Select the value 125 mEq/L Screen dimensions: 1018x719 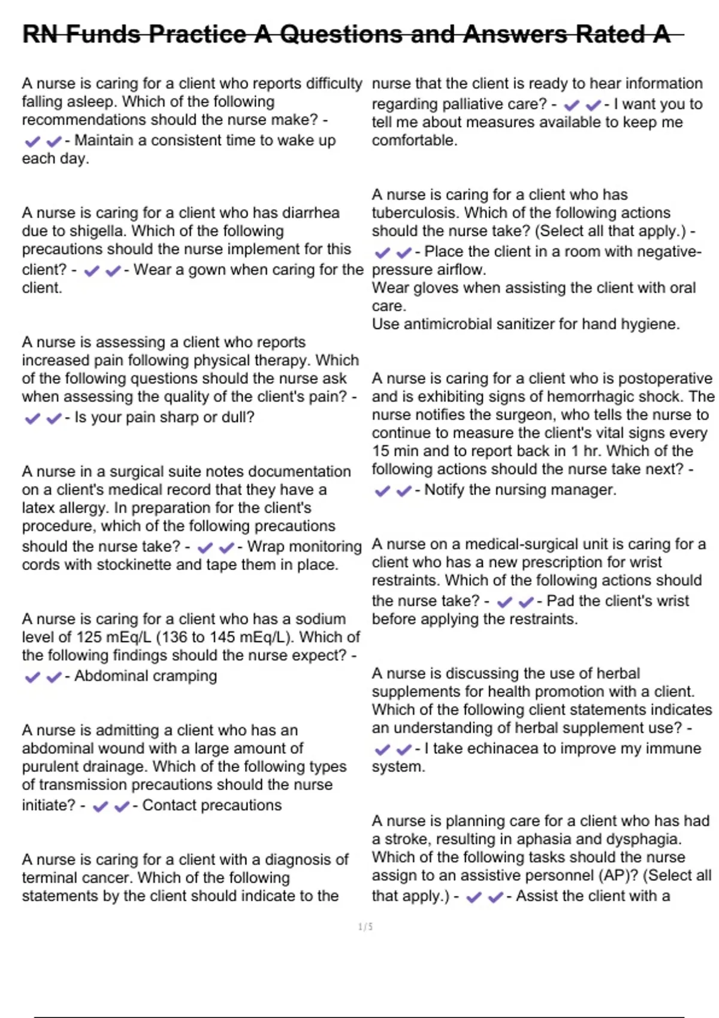(x=114, y=637)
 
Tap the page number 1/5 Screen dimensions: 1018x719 (x=365, y=927)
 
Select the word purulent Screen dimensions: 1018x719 (x=49, y=767)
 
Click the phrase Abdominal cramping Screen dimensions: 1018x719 (x=146, y=676)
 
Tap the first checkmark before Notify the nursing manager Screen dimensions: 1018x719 (x=382, y=491)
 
